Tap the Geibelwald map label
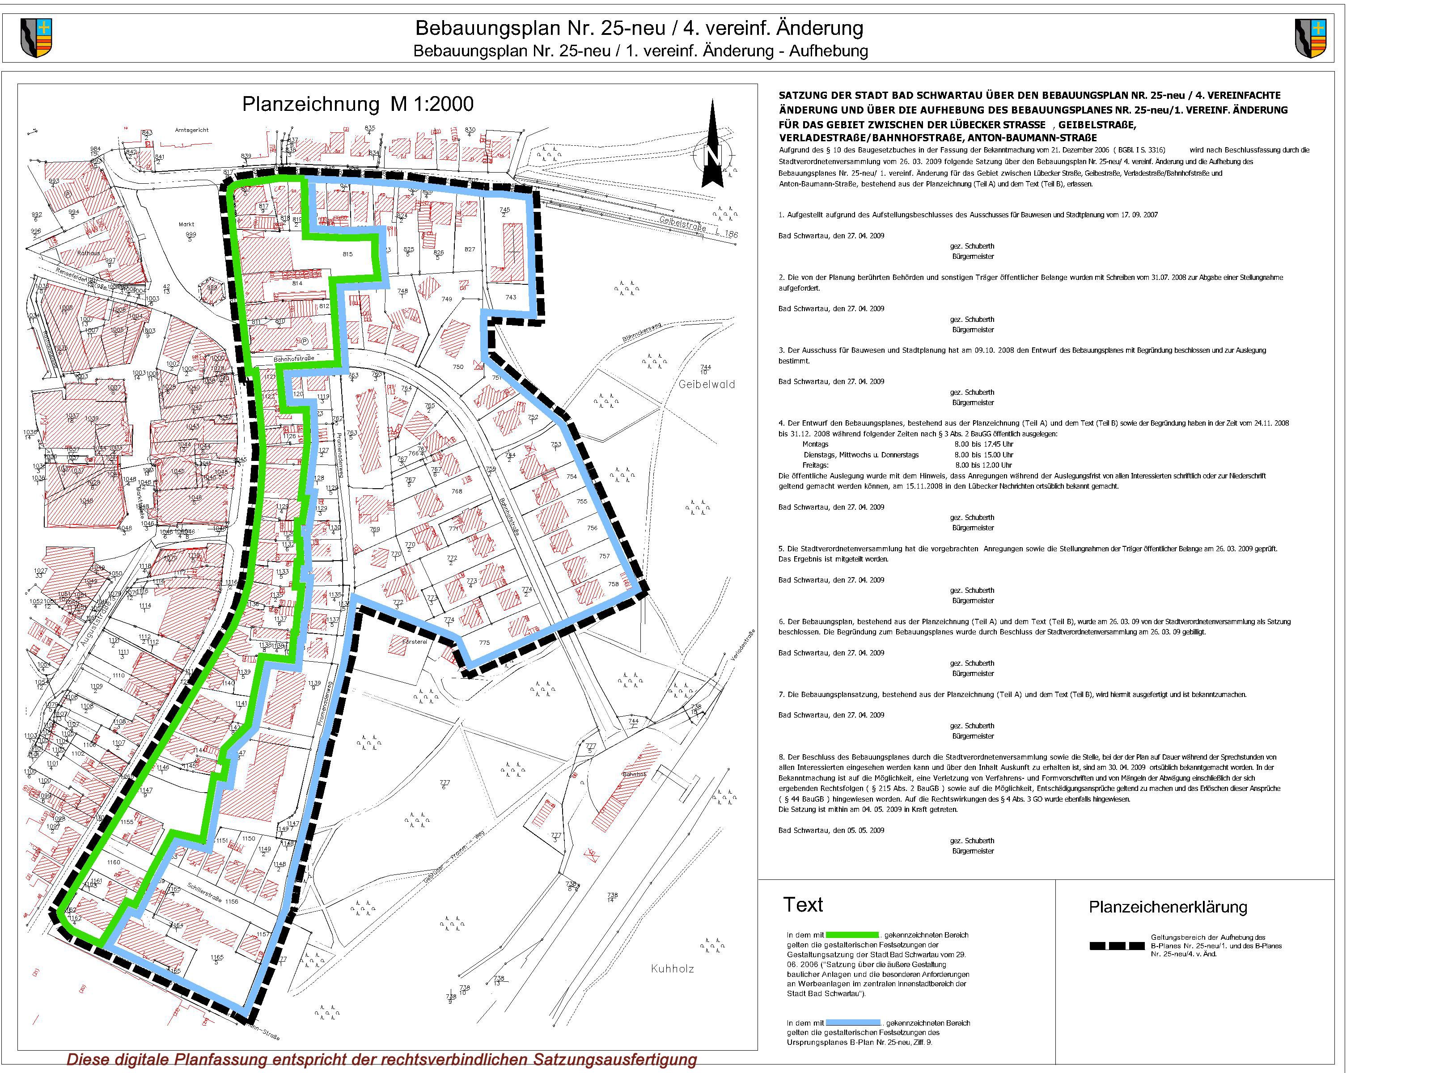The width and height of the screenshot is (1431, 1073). coord(707,384)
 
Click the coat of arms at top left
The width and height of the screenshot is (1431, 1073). coord(36,38)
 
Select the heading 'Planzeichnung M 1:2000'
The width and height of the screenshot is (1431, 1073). coord(358,104)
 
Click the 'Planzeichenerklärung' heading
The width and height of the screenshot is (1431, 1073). coord(1168,907)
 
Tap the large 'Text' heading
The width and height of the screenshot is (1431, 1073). coord(803,904)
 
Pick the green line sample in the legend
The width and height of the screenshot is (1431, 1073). coord(851,934)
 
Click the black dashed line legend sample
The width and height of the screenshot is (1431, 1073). coord(1117,946)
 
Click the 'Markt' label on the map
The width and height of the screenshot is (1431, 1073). coord(186,224)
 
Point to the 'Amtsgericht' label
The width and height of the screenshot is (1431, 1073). coord(192,130)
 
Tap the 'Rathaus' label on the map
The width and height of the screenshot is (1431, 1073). coord(89,253)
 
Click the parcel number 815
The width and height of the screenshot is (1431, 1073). coord(347,254)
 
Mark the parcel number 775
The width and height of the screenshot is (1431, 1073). coord(484,643)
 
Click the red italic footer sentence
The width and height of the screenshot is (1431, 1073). coord(382,1060)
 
